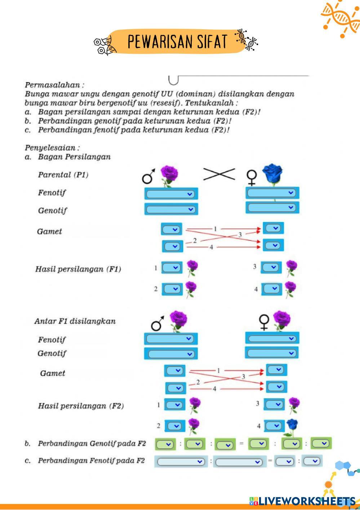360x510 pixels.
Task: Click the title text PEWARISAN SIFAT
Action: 177,42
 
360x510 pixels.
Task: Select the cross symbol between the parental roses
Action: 219,174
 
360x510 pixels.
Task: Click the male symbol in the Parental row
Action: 148,176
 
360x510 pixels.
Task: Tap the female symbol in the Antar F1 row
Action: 264,322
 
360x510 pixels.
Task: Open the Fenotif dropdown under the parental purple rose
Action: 171,194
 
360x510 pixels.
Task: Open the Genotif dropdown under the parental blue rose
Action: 272,208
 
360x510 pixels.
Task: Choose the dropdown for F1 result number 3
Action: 271,267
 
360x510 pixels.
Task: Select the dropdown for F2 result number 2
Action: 175,426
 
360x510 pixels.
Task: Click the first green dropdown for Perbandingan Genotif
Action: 165,444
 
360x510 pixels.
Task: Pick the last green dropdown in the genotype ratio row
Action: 321,443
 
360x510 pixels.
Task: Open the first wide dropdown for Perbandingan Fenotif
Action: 181,462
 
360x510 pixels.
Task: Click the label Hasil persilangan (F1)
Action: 78,269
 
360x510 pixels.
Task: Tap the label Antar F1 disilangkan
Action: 75,321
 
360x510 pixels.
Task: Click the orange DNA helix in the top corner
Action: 340,18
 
